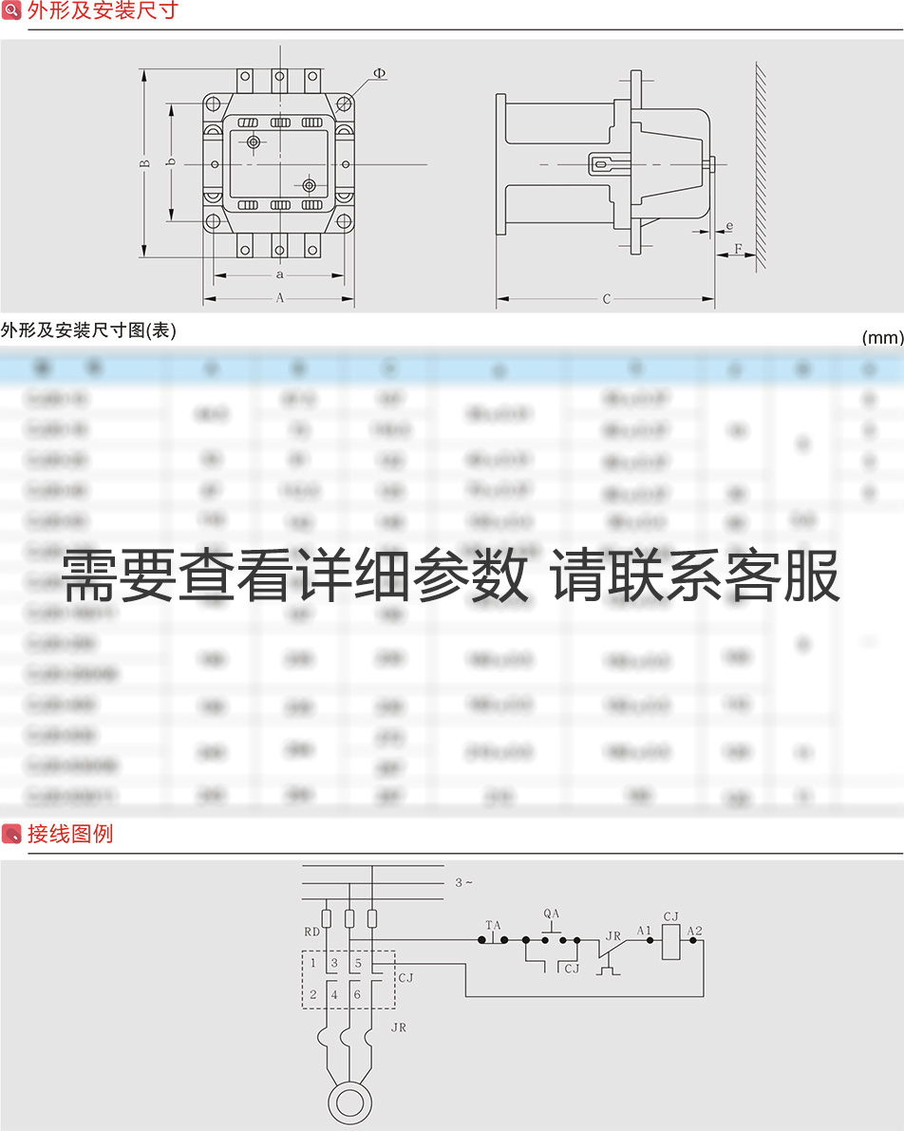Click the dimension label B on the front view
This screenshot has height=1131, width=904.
click(x=145, y=163)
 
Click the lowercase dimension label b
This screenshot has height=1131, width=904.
click(x=171, y=163)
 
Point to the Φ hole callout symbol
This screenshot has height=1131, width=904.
click(x=379, y=73)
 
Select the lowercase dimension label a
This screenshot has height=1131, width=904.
click(x=279, y=274)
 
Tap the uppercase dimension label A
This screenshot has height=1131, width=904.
click(x=279, y=298)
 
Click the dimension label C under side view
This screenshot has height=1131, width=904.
click(x=607, y=300)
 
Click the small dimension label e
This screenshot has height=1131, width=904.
click(x=728, y=227)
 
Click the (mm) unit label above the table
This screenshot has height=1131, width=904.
click(x=882, y=337)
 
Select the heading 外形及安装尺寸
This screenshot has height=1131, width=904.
click(x=103, y=11)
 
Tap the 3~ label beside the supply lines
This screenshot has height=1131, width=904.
click(x=463, y=883)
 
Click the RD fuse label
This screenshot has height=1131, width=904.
click(x=311, y=933)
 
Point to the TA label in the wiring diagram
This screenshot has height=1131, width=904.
click(x=493, y=925)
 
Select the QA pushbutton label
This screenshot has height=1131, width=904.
click(x=552, y=914)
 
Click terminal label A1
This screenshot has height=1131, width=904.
click(x=645, y=931)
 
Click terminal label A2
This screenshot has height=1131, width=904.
click(x=695, y=931)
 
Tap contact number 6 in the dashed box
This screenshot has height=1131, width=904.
click(x=357, y=995)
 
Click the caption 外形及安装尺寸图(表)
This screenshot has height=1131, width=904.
click(x=88, y=330)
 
